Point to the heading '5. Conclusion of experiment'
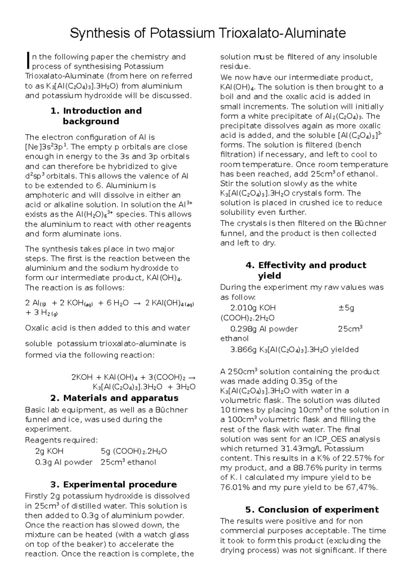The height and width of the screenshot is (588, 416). point(312,510)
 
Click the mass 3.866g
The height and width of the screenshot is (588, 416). point(243,350)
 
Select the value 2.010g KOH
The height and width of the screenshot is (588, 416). point(253,308)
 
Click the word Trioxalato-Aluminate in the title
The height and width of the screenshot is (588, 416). point(282,33)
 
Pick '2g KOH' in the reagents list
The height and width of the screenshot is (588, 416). point(49,451)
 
